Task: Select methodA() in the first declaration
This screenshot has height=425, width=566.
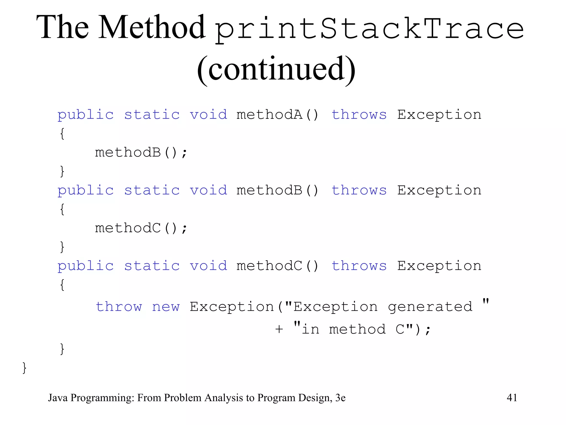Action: (277, 115)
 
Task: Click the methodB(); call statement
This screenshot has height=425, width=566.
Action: (141, 152)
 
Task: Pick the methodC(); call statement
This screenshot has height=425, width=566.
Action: (141, 228)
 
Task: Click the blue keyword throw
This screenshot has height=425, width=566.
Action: (119, 307)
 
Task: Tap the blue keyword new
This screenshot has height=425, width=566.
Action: (166, 307)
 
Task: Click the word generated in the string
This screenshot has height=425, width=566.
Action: (430, 307)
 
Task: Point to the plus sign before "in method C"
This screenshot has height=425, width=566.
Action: (279, 329)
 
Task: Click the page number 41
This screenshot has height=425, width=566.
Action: (512, 398)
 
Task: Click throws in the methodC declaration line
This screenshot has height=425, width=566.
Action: (359, 266)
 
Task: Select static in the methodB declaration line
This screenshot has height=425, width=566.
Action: (152, 190)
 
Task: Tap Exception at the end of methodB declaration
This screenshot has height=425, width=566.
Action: (439, 190)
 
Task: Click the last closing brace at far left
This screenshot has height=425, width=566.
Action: (24, 368)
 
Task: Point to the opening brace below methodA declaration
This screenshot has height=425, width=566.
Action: (62, 134)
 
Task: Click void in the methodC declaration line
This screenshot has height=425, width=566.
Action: (208, 266)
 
